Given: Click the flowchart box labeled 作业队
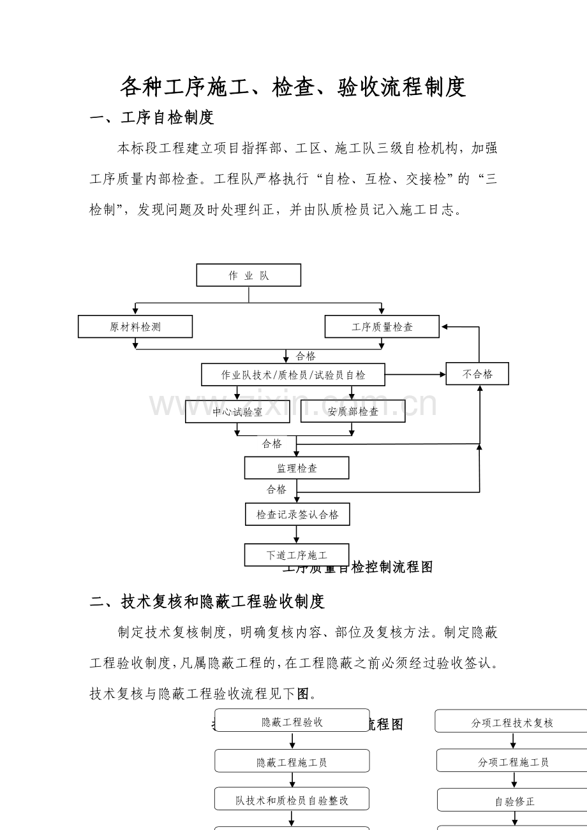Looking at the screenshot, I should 248,275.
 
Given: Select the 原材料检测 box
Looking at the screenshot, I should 135,326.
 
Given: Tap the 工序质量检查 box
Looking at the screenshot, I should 382,326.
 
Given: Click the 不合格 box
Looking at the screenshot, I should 477,374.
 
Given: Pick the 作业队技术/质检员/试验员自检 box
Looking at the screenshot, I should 293,375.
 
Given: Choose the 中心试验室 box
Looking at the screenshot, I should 237,412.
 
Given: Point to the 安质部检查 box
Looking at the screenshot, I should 353,412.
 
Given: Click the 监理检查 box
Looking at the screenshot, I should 297,468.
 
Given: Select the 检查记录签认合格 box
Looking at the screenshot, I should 297,514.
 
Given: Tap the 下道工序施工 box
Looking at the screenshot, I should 296,555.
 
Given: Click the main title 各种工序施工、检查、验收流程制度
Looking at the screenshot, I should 293,87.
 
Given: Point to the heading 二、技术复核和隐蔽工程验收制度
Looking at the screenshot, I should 207,601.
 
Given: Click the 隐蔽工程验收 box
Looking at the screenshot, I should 292,722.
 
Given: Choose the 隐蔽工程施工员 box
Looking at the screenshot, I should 292,762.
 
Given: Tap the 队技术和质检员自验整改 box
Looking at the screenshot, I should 292,799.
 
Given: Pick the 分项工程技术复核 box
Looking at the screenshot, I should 512,722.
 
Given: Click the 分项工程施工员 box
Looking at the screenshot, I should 513,762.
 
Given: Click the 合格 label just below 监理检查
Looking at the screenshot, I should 276,490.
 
